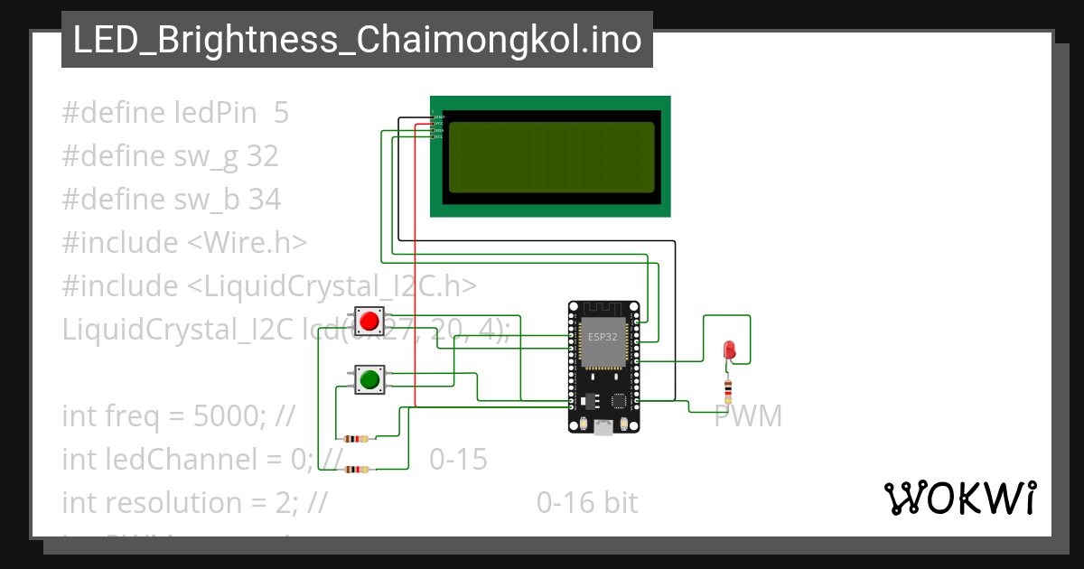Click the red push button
point(369,321)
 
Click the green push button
point(369,380)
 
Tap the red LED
point(730,350)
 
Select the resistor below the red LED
point(730,390)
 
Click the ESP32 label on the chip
point(603,337)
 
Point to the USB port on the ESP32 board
point(603,428)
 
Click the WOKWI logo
point(959,498)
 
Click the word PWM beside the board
point(748,416)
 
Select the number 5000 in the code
point(236,416)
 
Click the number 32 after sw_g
point(262,156)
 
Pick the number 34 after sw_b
point(264,200)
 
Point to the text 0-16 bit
point(587,503)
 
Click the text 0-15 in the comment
point(458,460)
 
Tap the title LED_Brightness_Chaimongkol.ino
point(357,40)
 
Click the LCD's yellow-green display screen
point(551,157)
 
